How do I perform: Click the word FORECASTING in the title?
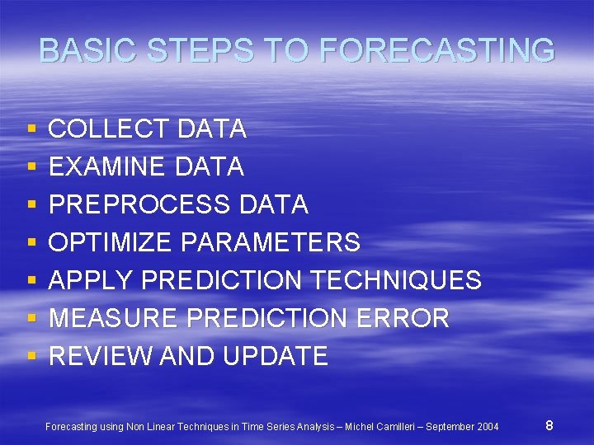[436, 51]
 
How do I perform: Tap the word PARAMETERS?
[270, 242]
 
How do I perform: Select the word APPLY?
[92, 280]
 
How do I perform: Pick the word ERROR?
[407, 318]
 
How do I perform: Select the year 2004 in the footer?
[488, 427]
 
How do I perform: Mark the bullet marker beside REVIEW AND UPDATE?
[31, 357]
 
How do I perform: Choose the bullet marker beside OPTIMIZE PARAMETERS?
[31, 243]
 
